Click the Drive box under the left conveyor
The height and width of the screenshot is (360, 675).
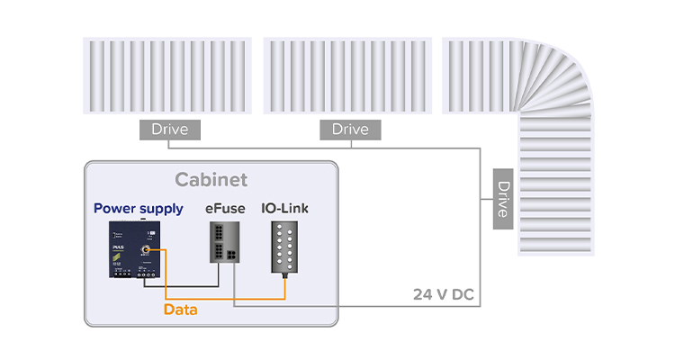click(x=169, y=130)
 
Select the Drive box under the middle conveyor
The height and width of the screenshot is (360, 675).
click(x=350, y=130)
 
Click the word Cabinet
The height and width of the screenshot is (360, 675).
click(x=211, y=180)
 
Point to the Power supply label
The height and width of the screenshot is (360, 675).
click(x=138, y=209)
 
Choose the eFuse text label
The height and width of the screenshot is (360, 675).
click(x=223, y=209)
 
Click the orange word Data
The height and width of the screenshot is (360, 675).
click(x=182, y=310)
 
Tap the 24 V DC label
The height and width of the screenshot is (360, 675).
click(x=442, y=294)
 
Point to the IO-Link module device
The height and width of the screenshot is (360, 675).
click(x=286, y=247)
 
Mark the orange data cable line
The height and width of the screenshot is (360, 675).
click(x=225, y=298)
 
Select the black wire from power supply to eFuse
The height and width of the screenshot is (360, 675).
click(x=180, y=286)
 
